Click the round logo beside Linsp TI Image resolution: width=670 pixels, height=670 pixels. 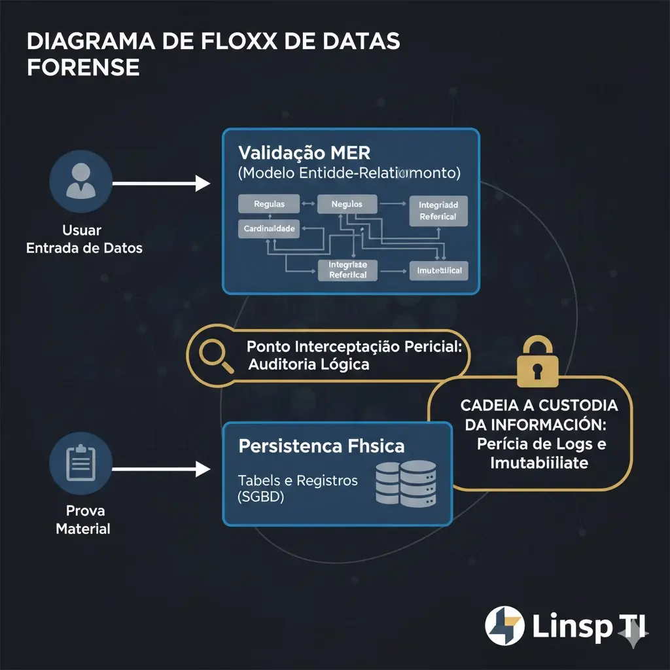click(x=504, y=626)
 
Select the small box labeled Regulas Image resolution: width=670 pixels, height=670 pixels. click(x=270, y=204)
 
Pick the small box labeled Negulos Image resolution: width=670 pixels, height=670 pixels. click(x=347, y=204)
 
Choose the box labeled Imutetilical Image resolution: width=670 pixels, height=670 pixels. click(x=439, y=270)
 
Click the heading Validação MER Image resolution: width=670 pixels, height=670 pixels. click(x=304, y=153)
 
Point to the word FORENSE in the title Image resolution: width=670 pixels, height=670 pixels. click(x=83, y=68)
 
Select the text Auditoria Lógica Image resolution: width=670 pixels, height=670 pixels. click(x=308, y=364)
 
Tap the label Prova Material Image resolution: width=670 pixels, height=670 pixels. click(x=82, y=520)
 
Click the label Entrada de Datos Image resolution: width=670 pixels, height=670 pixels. click(x=84, y=248)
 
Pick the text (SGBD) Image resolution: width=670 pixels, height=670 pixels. click(x=260, y=497)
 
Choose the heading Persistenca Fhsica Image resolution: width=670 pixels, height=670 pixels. click(x=321, y=447)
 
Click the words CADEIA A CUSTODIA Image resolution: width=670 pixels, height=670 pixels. click(x=538, y=405)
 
